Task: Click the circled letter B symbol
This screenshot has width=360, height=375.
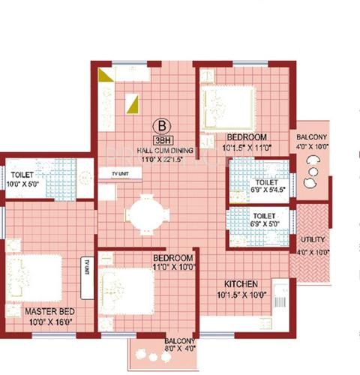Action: point(160,126)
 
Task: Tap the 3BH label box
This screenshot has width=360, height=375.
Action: point(160,139)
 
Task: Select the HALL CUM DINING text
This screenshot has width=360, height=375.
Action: point(160,150)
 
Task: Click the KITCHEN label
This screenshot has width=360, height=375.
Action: point(240,284)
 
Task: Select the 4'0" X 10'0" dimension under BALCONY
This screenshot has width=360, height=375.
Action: point(310,147)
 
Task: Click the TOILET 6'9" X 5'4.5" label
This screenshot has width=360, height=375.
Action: point(267,187)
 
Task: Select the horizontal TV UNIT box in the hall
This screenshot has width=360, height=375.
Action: point(118,172)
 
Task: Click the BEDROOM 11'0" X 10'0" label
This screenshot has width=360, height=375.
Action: point(173,262)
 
